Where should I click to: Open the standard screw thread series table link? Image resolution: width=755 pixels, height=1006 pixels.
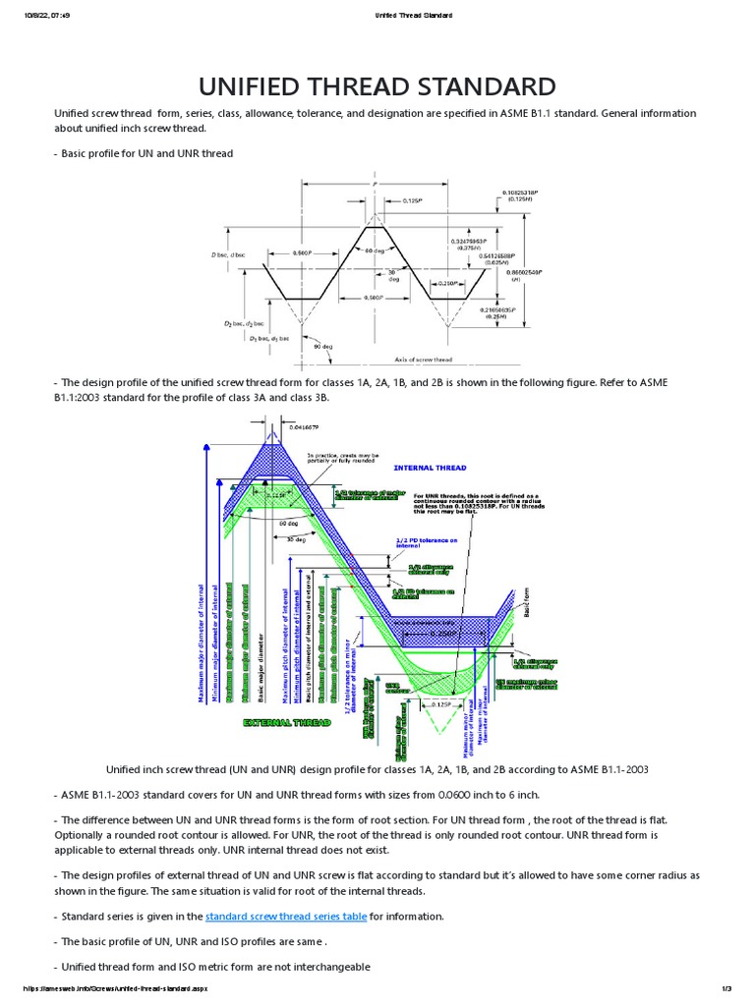click(285, 916)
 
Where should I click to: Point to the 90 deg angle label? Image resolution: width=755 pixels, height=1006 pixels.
click(322, 346)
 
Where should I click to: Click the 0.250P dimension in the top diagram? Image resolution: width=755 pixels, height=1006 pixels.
click(445, 282)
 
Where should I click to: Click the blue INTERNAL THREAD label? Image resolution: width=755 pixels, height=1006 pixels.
click(430, 468)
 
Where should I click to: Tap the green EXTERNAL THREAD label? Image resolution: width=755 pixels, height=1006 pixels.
click(287, 722)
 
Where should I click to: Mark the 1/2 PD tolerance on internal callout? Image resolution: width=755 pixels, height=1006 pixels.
click(427, 541)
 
